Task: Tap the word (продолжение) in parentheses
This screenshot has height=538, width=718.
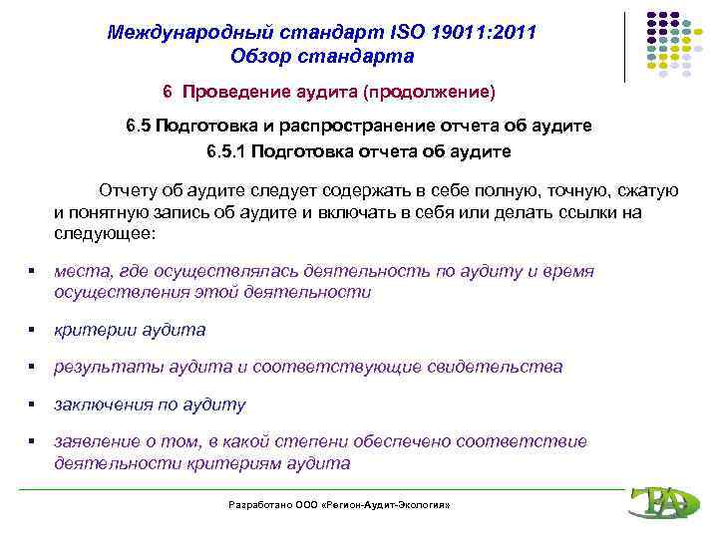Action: [x=429, y=92]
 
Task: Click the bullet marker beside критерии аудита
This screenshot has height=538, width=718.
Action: [x=33, y=330]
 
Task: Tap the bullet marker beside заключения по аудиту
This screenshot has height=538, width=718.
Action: [x=33, y=404]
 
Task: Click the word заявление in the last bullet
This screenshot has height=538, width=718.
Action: [x=97, y=441]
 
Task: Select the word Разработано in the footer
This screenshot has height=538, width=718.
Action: [x=257, y=506]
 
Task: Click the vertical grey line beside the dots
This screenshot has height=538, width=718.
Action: [x=625, y=46]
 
